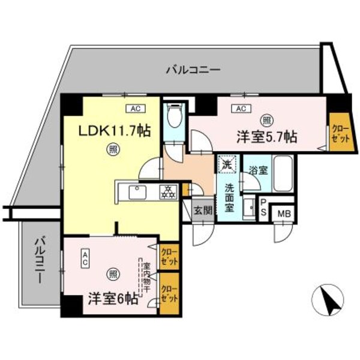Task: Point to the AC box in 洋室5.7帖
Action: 241,109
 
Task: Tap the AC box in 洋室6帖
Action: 86,258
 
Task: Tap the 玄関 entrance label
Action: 202,210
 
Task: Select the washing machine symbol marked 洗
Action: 227,163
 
